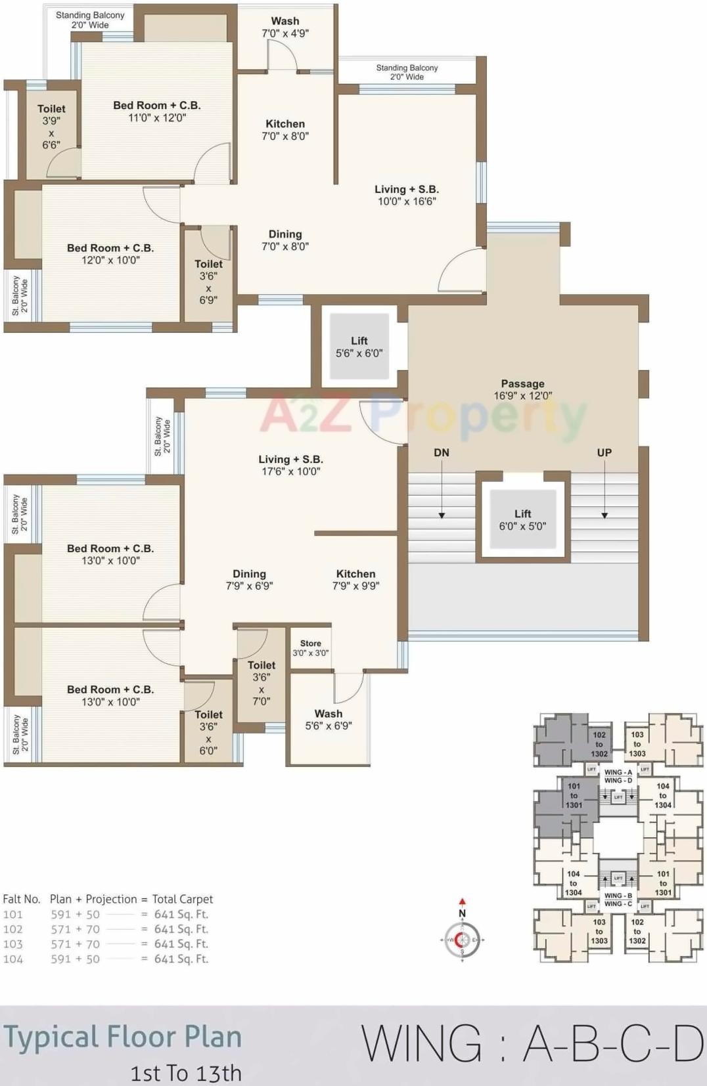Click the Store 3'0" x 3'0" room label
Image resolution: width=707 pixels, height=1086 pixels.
[311, 648]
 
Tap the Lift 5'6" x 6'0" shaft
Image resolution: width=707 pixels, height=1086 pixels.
[359, 347]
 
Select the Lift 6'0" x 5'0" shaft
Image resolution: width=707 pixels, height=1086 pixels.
[522, 519]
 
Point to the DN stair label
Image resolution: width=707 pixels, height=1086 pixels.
[442, 452]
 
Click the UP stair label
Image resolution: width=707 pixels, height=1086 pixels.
[604, 452]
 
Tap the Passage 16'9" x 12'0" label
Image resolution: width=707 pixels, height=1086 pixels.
[522, 389]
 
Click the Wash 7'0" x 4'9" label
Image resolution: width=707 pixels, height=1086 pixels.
[285, 27]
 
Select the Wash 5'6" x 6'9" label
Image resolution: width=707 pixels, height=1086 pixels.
[329, 720]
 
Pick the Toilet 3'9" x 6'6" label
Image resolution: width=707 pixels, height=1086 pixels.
[51, 126]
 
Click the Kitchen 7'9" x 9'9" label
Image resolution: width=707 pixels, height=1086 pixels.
[355, 580]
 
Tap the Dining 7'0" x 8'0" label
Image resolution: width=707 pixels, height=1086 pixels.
[285, 240]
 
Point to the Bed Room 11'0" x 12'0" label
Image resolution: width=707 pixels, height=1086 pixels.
[156, 112]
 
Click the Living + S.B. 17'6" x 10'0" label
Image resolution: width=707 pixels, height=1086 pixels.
[290, 465]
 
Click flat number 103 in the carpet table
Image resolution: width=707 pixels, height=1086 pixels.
[12, 944]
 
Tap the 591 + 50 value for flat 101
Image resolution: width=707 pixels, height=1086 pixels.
[75, 914]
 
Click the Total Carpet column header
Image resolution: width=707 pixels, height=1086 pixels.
[183, 899]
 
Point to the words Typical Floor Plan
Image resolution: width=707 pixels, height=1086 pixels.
[123, 1037]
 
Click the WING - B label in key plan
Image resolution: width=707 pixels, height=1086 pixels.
[618, 896]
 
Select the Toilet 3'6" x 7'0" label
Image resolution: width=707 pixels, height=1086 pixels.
[262, 683]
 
